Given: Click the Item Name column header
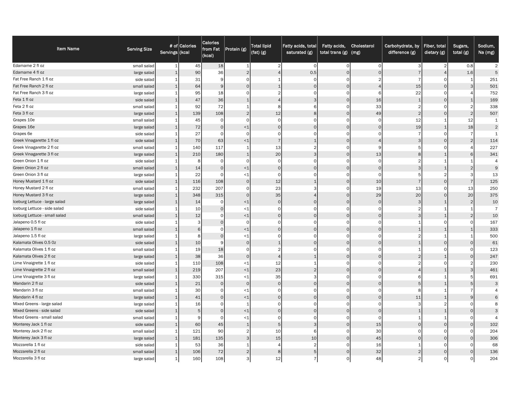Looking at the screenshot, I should (x=68, y=49).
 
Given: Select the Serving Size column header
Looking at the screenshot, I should (x=139, y=49).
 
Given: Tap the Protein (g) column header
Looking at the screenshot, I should (x=236, y=49).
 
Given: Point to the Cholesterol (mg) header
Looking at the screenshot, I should (x=363, y=49).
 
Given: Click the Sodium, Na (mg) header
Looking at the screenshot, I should (x=486, y=49).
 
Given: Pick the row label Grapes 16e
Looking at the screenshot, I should (x=24, y=127).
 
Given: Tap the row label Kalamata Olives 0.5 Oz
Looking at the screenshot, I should (x=34, y=243).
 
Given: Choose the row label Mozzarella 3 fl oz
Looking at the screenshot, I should (x=29, y=358).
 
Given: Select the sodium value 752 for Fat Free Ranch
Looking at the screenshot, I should (x=494, y=93).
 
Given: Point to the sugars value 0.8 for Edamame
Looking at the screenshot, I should (x=470, y=66).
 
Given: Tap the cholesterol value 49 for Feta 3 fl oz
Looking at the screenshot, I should (x=378, y=113).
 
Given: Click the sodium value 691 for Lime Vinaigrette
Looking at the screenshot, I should (x=494, y=277).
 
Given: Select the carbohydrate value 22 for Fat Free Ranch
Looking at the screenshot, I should (x=418, y=93).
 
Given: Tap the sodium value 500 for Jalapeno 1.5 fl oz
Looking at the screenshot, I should (x=494, y=236).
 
